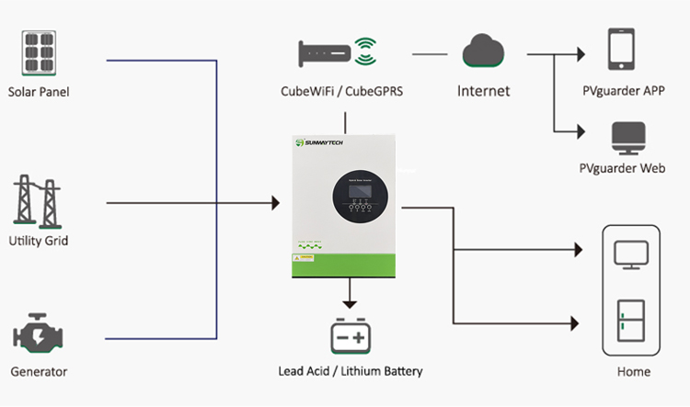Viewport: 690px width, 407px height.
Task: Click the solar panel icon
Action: pos(39,56)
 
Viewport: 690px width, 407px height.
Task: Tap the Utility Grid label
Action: pos(39,241)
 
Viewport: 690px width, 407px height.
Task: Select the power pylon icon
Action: pos(38,202)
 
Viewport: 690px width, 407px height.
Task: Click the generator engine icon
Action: pos(38,336)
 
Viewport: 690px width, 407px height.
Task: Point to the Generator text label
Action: pos(39,372)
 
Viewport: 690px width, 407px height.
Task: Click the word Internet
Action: pos(483,91)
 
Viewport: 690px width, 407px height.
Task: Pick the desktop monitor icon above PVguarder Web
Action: pos(627,137)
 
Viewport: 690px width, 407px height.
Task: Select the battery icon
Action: pos(350,337)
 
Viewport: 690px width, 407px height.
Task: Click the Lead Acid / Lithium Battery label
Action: pos(350,371)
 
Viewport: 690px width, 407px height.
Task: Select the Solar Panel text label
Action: pos(39,91)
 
